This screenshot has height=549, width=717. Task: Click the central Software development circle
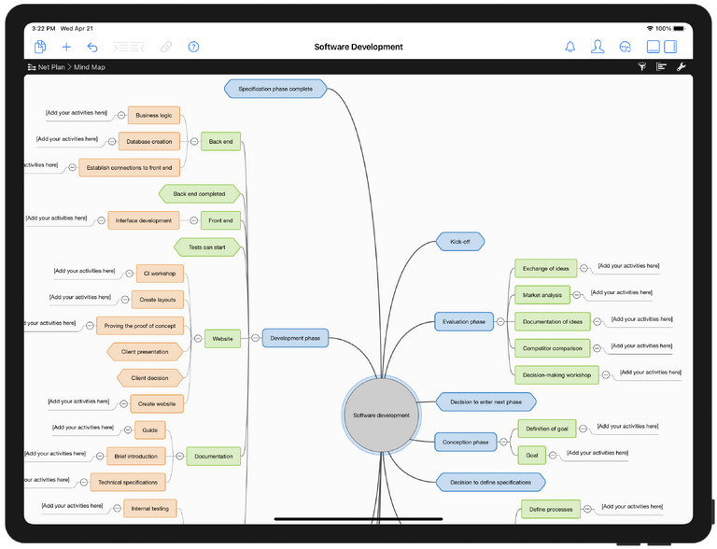click(381, 415)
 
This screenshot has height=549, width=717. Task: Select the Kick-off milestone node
click(460, 241)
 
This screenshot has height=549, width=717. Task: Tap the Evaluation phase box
click(464, 322)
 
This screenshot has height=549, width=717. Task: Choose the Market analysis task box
click(541, 295)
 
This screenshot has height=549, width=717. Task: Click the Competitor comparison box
click(552, 348)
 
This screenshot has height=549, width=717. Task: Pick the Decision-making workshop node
click(556, 374)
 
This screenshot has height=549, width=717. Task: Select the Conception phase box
click(465, 442)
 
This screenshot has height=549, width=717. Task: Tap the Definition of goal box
click(546, 429)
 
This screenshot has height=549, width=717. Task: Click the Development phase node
click(295, 338)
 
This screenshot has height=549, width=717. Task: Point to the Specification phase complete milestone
click(275, 89)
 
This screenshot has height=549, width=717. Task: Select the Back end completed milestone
click(199, 193)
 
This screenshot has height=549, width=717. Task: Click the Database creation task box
click(149, 142)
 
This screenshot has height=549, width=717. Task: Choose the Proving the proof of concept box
click(140, 326)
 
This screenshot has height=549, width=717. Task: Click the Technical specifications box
click(128, 482)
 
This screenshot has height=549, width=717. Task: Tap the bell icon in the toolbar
click(570, 47)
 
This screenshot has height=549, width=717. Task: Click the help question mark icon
click(193, 47)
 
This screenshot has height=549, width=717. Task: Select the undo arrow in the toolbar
click(92, 47)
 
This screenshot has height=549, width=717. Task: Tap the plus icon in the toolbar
click(66, 47)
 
